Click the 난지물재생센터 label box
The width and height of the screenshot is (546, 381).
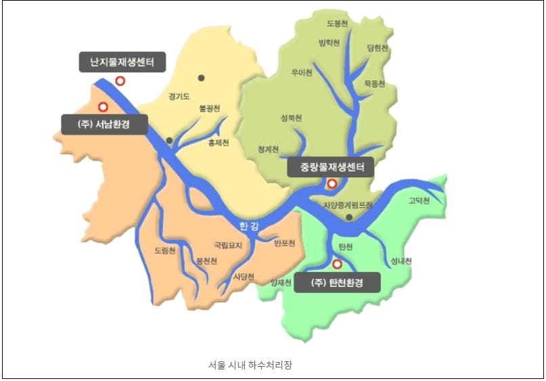point(122,64)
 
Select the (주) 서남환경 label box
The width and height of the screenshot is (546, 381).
point(104,125)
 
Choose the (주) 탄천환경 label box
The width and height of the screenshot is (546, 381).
point(337,282)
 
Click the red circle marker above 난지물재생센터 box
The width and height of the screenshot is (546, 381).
point(120,81)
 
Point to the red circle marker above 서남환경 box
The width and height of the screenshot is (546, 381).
point(103,106)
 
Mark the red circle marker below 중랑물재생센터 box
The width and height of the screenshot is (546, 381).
point(332,183)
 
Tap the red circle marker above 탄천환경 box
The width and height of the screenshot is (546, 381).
point(337,264)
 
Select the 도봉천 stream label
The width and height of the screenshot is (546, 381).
point(337,23)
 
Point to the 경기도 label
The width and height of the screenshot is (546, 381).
point(181,96)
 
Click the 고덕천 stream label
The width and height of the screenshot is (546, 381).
point(419,200)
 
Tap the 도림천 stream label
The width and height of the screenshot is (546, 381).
point(165,250)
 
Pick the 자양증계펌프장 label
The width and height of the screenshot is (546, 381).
point(348,204)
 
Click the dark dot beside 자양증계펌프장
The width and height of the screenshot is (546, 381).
point(348,217)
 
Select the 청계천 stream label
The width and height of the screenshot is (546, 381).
point(269,149)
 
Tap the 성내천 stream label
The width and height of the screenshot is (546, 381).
point(401,261)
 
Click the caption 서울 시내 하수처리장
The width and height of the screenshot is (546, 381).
point(250,365)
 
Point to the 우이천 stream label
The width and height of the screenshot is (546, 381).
point(301,72)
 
